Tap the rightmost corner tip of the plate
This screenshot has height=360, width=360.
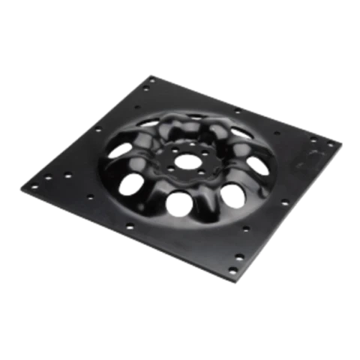(x=342, y=142)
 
